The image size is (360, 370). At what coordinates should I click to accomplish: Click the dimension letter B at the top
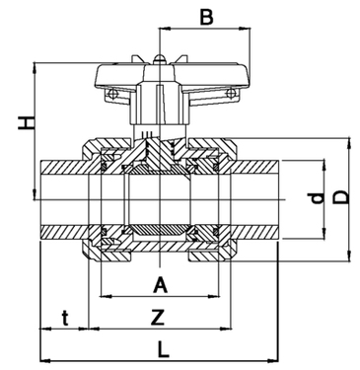click(207, 17)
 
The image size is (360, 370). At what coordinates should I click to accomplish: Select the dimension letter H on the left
click(26, 122)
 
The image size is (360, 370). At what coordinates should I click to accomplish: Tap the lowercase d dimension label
click(316, 198)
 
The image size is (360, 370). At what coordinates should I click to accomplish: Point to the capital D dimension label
click(341, 196)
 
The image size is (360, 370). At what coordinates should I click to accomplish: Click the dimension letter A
click(161, 285)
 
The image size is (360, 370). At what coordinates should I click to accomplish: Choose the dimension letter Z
click(158, 317)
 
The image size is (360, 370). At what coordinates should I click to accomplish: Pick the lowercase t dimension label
click(66, 318)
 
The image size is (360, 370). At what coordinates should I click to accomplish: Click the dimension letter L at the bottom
click(163, 349)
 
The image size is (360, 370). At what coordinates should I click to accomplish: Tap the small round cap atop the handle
click(159, 59)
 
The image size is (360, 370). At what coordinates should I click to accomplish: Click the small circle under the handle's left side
click(112, 94)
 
